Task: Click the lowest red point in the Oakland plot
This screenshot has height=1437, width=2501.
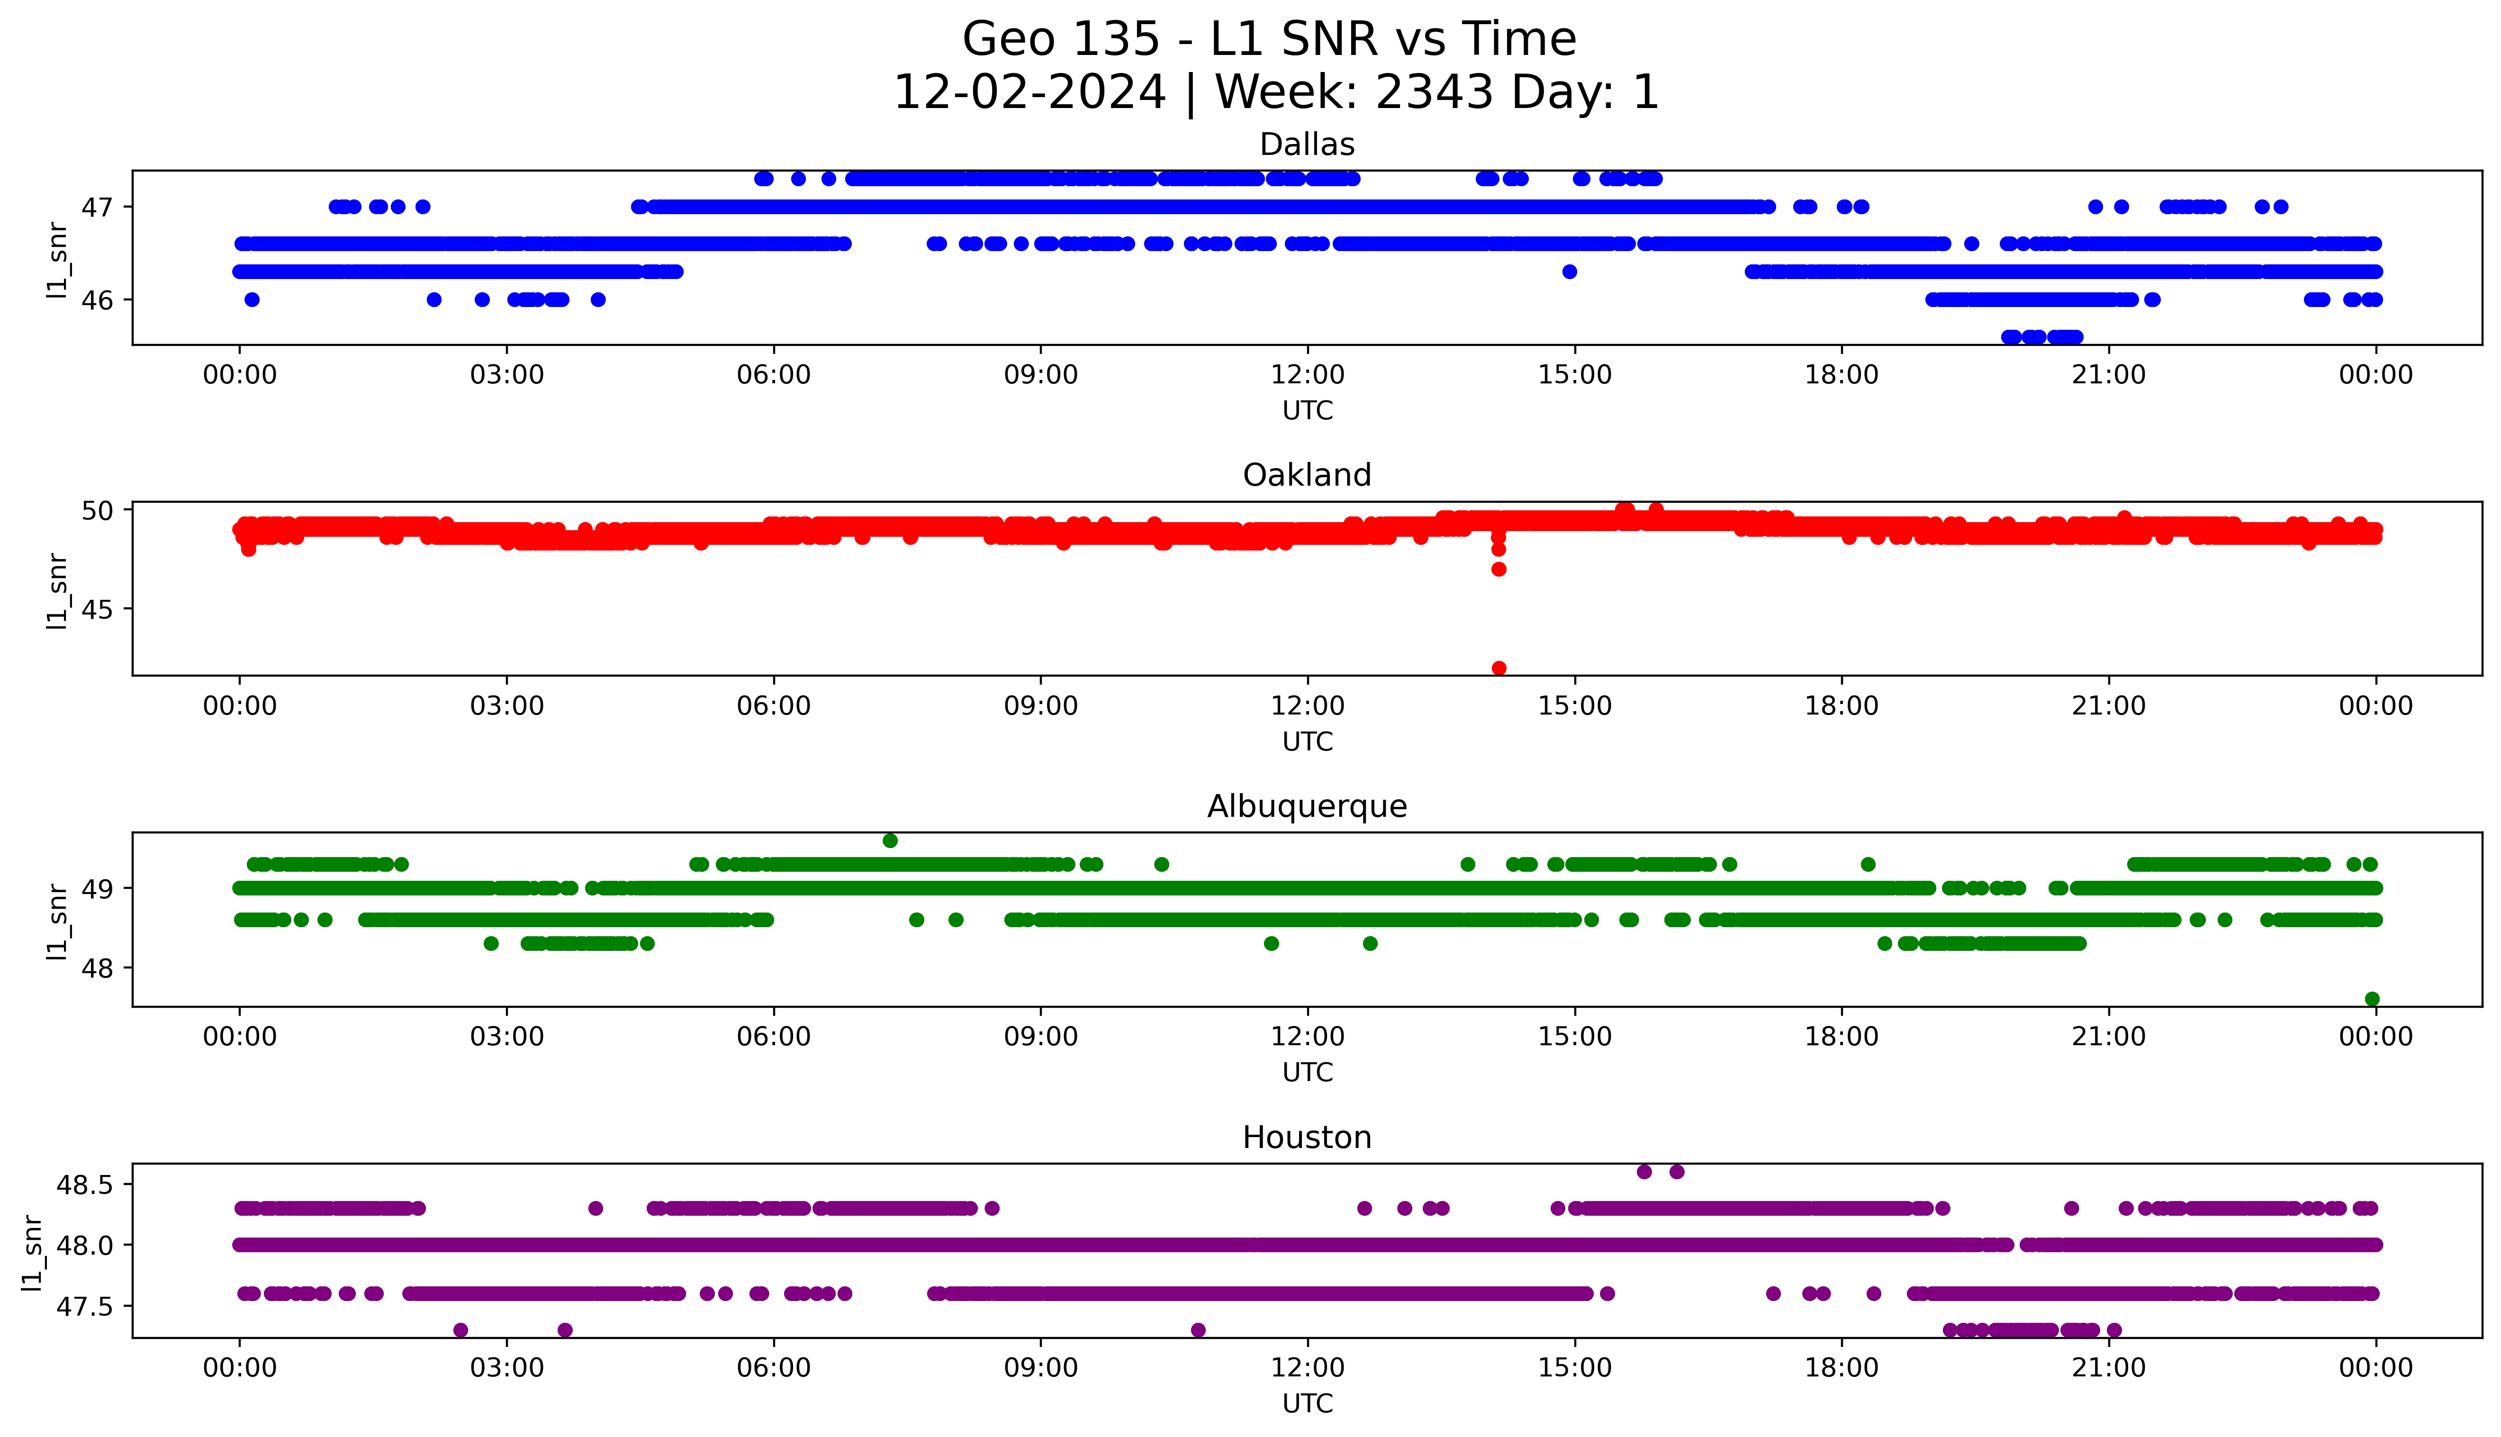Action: click(x=1499, y=668)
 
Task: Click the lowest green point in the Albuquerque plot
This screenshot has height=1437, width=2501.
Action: click(x=2372, y=999)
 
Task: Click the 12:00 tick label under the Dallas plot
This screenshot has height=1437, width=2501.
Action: click(x=1307, y=375)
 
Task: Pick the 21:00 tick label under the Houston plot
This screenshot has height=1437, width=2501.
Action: click(x=2108, y=1368)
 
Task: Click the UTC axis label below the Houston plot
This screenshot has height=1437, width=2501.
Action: click(x=1307, y=1402)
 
